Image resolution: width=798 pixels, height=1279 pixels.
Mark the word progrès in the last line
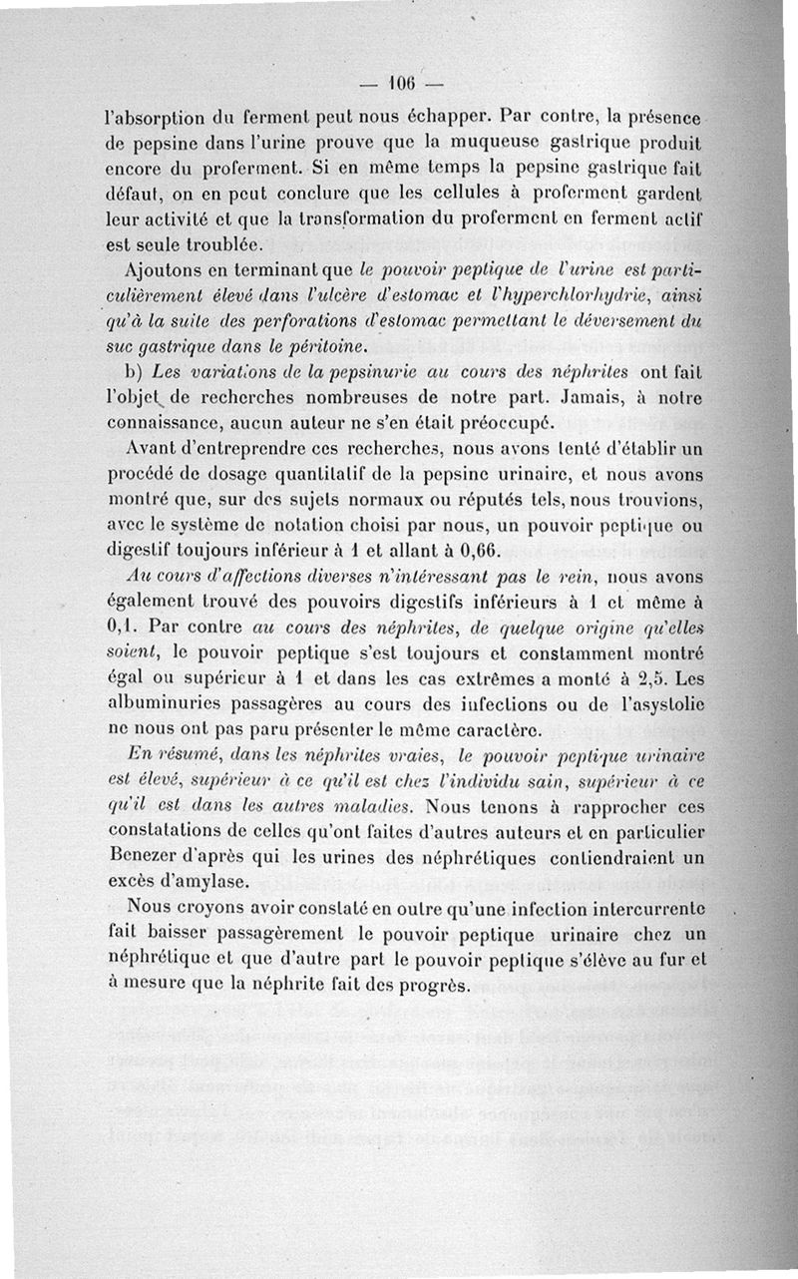pos(432,985)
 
